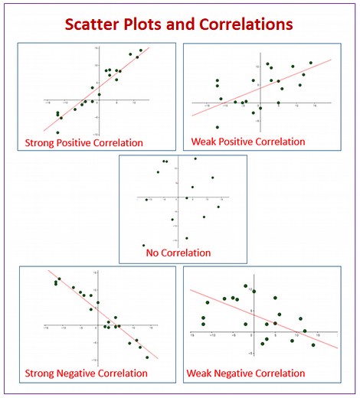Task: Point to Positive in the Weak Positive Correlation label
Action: [244, 142]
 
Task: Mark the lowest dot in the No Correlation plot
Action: [143, 245]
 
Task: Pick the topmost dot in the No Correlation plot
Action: [195, 158]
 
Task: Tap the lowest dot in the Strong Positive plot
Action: [57, 132]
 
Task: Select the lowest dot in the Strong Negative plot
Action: [148, 357]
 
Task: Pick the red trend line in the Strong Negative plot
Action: [107, 315]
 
